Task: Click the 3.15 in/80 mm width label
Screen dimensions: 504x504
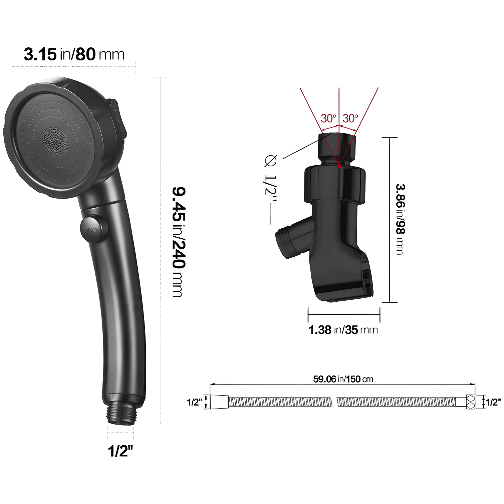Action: point(74,54)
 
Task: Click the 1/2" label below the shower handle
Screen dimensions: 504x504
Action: point(120,451)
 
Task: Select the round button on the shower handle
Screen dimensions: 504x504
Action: point(94,230)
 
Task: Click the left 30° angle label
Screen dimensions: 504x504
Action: point(328,118)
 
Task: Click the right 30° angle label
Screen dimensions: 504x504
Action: point(350,118)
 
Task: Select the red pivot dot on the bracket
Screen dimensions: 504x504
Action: point(339,166)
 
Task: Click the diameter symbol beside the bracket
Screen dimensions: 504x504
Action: point(270,161)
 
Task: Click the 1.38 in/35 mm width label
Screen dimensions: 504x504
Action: point(343,330)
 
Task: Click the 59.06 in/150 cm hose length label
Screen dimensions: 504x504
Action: point(343,379)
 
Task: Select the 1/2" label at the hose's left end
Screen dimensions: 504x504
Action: point(194,402)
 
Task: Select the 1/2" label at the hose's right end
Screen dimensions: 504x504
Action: point(493,402)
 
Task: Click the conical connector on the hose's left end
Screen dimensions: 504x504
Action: point(219,402)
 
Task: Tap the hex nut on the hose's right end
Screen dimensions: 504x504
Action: point(470,402)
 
